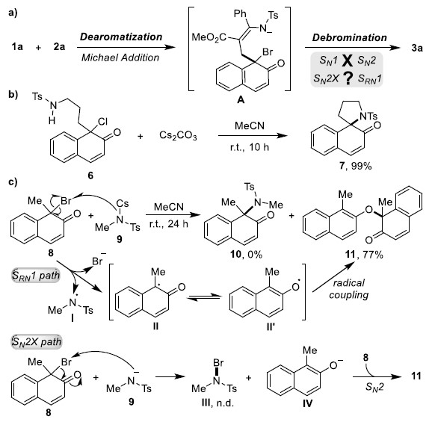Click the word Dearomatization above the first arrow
[121, 37]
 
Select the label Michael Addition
[120, 58]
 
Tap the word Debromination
[349, 38]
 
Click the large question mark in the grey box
[348, 78]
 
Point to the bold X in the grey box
[348, 60]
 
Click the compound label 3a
[417, 48]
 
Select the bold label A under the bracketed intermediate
[241, 100]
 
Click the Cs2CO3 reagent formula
[178, 135]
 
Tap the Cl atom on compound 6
[102, 122]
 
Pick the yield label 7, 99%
[355, 166]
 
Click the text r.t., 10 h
[249, 147]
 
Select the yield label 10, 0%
[246, 255]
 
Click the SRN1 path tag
[36, 275]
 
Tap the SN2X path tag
[37, 342]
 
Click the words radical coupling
[349, 289]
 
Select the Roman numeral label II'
[271, 326]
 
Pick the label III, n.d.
[217, 403]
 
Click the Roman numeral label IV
[307, 403]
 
